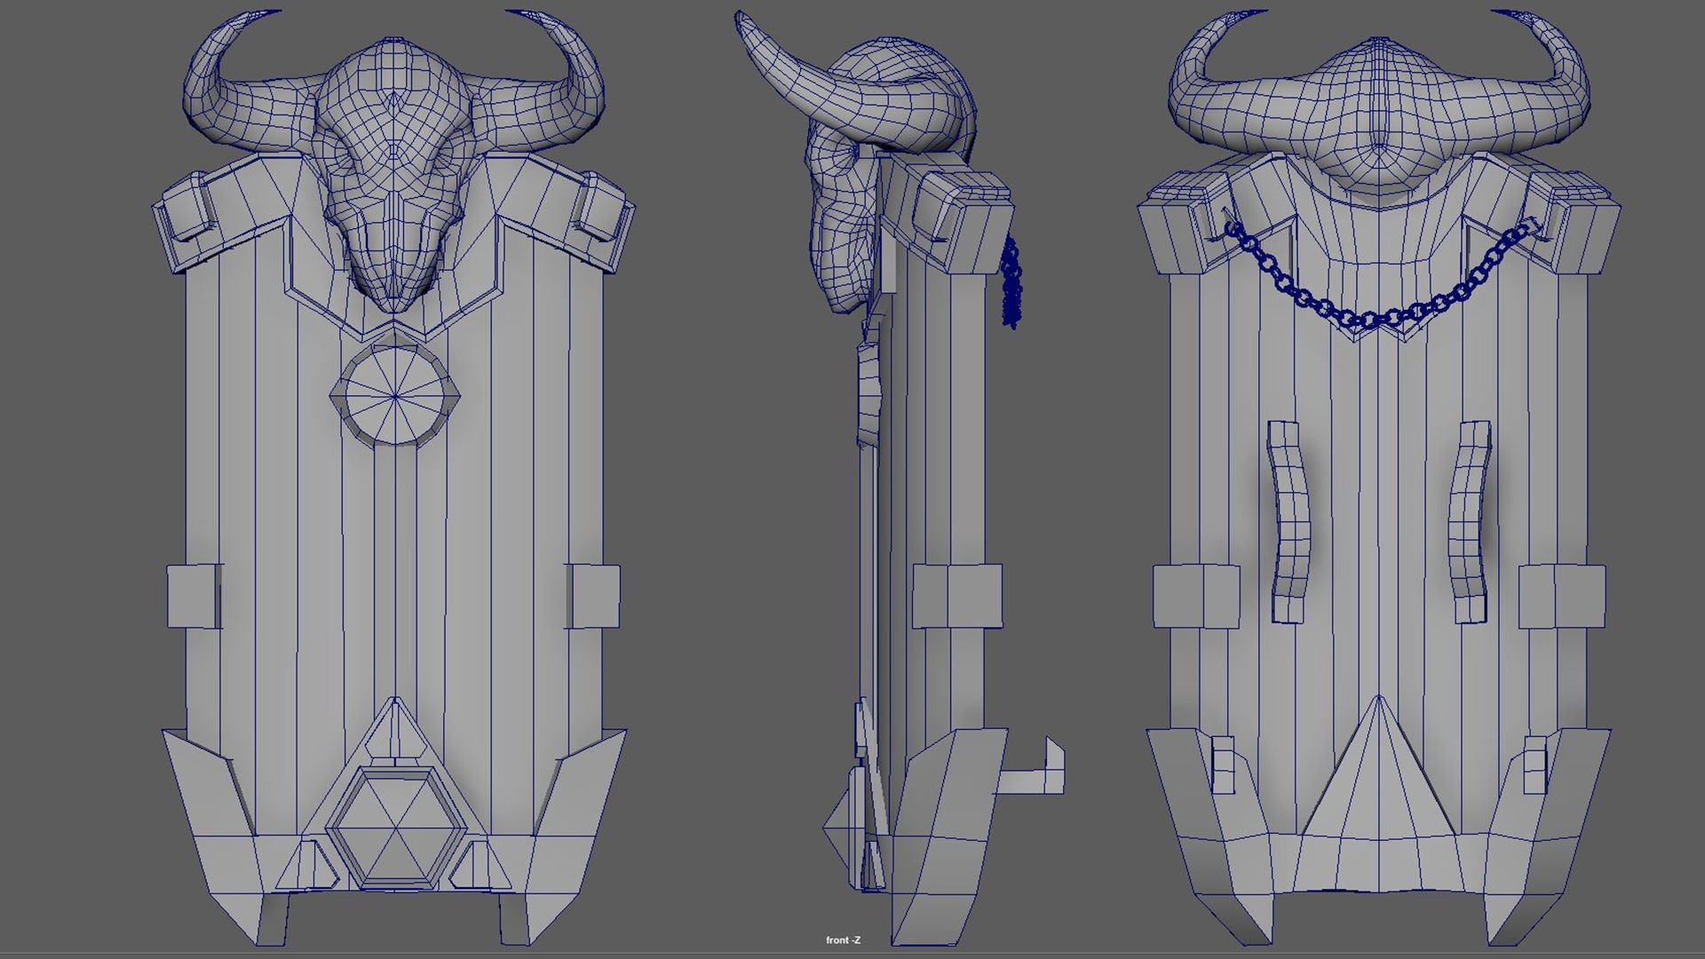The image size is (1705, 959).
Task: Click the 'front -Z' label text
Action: click(x=843, y=940)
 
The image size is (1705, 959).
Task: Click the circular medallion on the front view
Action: click(x=394, y=394)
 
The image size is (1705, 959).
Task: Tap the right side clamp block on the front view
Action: click(x=593, y=596)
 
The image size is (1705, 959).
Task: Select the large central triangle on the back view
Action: click(x=1378, y=781)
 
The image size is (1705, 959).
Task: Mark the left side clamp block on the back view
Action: click(x=1194, y=596)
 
